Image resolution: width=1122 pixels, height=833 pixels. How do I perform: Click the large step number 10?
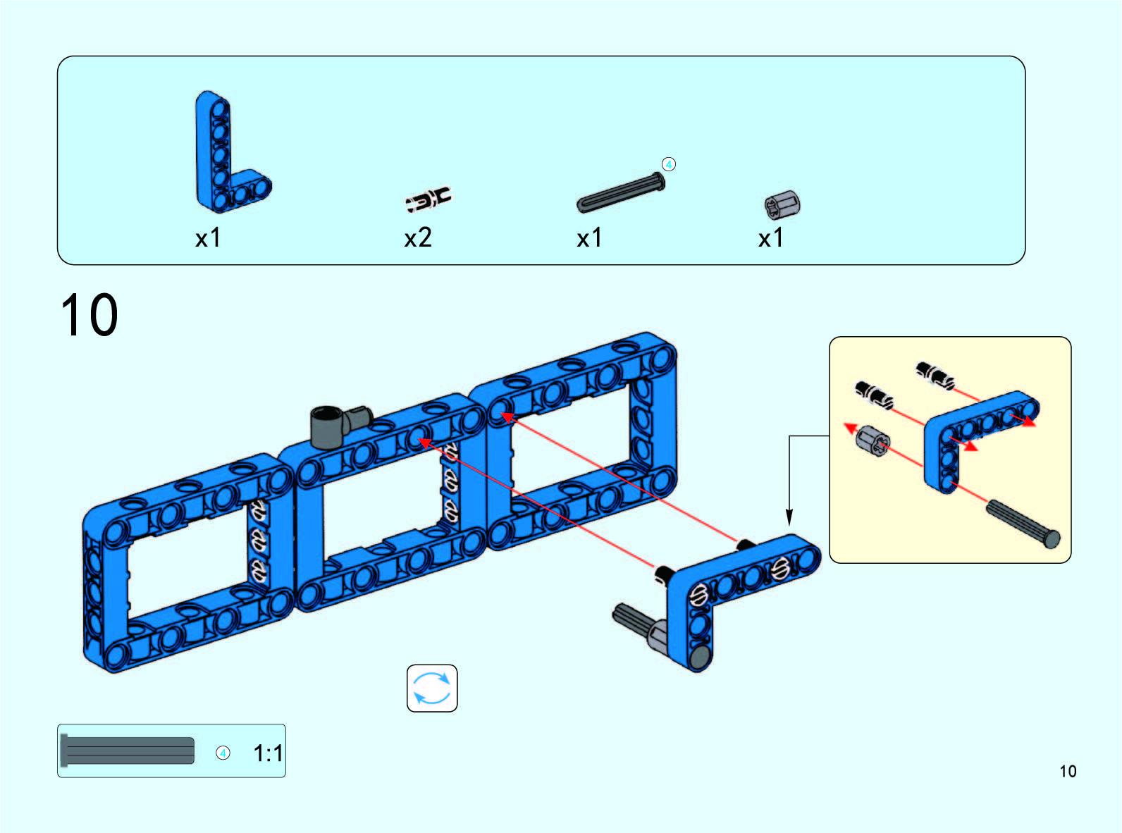tap(90, 315)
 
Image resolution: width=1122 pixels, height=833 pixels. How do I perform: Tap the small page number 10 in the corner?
tap(1068, 771)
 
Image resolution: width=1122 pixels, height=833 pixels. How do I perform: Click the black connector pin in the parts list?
tap(429, 199)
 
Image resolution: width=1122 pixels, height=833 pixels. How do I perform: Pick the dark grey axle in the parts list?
tap(621, 192)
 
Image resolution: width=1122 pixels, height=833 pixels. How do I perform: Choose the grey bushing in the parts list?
tap(782, 205)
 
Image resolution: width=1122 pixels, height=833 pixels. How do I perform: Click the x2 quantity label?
tap(418, 237)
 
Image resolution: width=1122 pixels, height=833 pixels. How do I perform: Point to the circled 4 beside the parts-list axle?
tap(669, 164)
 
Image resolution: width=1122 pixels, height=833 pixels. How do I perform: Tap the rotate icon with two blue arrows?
tap(432, 689)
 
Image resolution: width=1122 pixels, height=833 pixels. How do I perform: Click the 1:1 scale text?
tap(268, 753)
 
